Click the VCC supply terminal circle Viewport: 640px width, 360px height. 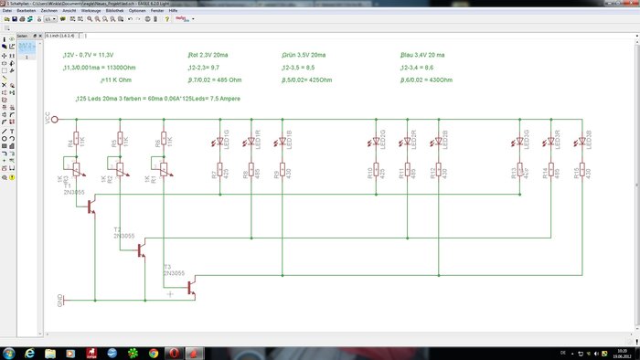click(x=55, y=119)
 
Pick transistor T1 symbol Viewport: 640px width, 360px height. click(x=91, y=207)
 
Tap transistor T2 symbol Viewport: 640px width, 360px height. click(x=141, y=249)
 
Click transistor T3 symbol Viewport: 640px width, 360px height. click(x=190, y=287)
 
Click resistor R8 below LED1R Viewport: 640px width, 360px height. click(x=251, y=173)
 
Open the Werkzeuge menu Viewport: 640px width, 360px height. click(x=90, y=10)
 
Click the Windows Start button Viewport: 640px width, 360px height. click(x=9, y=353)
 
